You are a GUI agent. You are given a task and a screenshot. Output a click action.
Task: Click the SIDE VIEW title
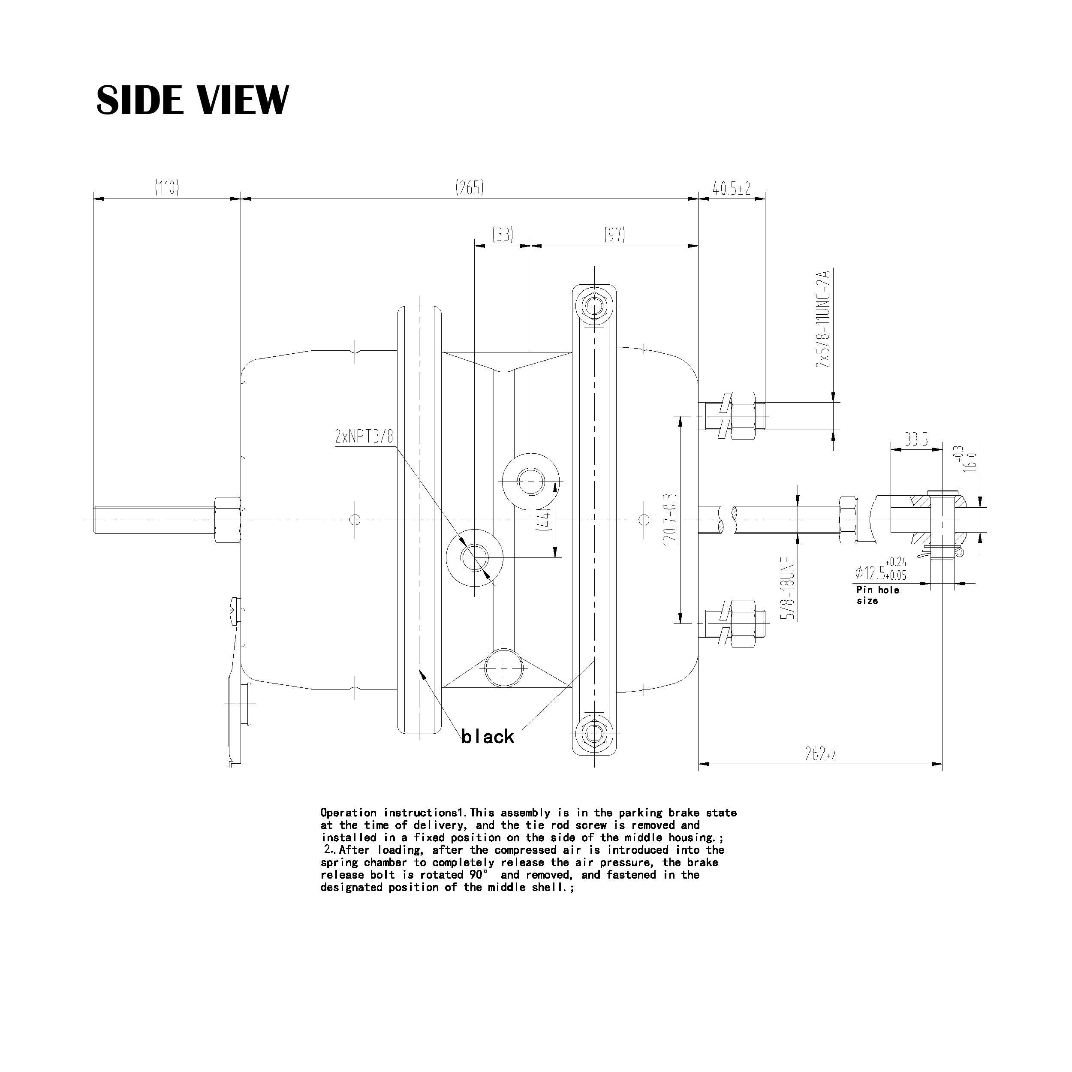192,100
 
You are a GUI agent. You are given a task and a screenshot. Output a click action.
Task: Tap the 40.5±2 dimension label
731,189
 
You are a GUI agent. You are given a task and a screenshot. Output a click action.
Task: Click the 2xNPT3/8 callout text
364,436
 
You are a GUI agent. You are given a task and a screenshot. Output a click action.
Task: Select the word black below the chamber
488,737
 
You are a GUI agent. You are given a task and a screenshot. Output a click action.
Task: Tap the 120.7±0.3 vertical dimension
670,520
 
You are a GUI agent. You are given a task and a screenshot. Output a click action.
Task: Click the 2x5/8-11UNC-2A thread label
823,319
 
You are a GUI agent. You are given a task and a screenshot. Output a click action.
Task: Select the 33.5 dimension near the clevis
916,440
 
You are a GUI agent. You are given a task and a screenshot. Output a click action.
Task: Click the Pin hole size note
877,595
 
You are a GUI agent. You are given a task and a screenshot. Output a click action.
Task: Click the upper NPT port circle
530,481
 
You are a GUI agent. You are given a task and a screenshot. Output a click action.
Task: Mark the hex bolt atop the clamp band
594,306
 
